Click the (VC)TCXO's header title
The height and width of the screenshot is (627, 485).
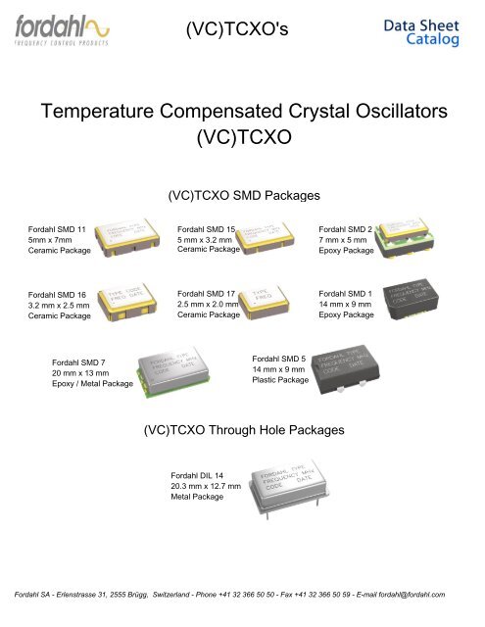(x=242, y=31)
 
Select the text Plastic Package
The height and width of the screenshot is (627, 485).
(x=280, y=379)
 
